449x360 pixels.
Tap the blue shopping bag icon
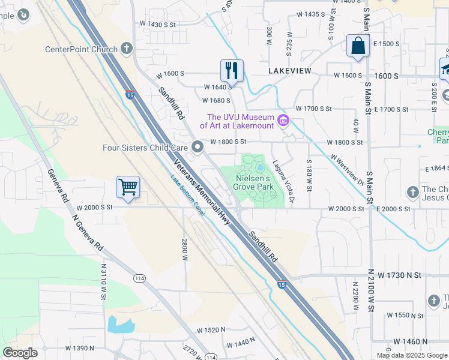(357, 46)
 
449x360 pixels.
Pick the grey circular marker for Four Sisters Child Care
(197, 147)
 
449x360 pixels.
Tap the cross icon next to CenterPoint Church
(126, 49)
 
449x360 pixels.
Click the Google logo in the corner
(20, 353)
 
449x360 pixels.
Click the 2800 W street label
(185, 248)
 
